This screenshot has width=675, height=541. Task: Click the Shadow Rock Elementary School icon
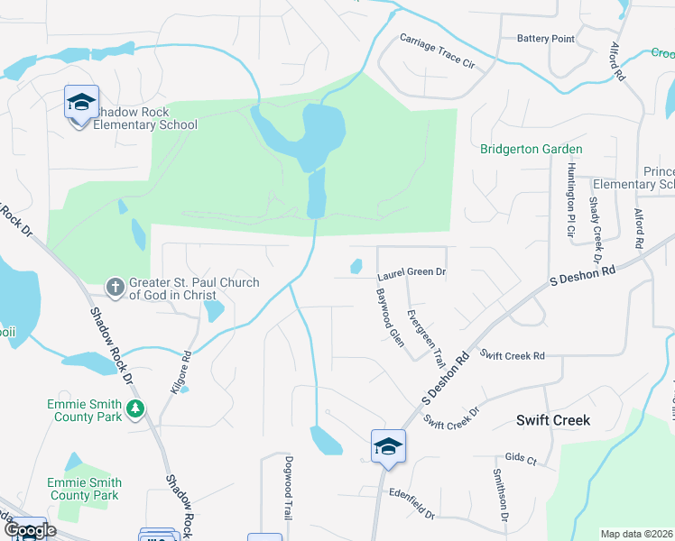point(81,102)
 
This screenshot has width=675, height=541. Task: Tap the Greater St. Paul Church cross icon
point(116,288)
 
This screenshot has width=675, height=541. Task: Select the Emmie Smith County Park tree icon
point(134,410)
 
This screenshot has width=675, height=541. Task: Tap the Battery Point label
point(545,39)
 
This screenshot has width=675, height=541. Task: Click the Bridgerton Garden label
point(531,149)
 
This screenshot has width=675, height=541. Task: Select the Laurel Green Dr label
point(412,271)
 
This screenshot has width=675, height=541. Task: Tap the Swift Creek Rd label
point(513,356)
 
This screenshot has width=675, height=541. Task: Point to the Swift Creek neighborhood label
point(552,420)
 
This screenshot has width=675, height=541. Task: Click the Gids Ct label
point(521,459)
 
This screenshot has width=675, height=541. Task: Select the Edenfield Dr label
point(411,504)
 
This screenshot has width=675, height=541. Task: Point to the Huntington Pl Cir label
point(570,200)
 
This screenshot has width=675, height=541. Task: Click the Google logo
point(29,530)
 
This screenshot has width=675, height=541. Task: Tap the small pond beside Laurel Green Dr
point(356,266)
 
